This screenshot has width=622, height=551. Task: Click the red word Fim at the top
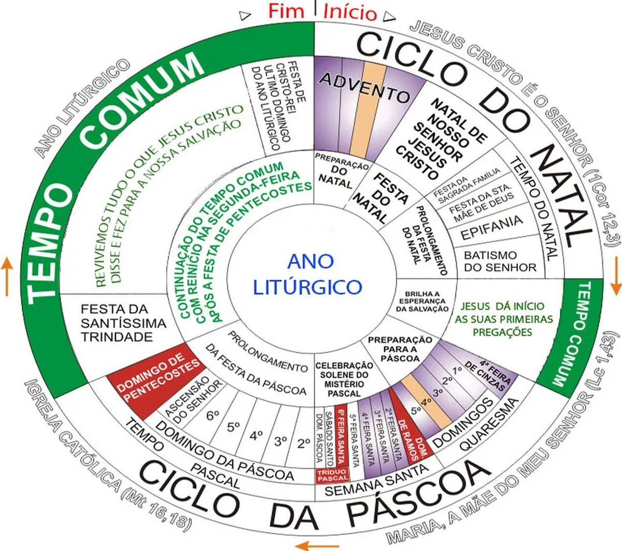pyautogui.click(x=286, y=11)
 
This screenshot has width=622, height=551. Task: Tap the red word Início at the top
pyautogui.click(x=350, y=12)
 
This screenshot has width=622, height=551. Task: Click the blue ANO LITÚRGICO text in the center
pyautogui.click(x=307, y=274)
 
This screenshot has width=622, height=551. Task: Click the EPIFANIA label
pyautogui.click(x=492, y=227)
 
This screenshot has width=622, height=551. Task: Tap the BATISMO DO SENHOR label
pyautogui.click(x=500, y=261)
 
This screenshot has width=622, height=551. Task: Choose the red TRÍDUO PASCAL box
pyautogui.click(x=332, y=475)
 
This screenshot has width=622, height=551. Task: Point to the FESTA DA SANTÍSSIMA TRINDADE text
pyautogui.click(x=123, y=323)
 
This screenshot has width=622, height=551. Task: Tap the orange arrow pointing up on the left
pyautogui.click(x=7, y=276)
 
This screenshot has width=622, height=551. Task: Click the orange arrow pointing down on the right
pyautogui.click(x=616, y=276)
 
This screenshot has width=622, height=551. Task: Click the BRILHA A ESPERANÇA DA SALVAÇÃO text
pyautogui.click(x=422, y=302)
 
